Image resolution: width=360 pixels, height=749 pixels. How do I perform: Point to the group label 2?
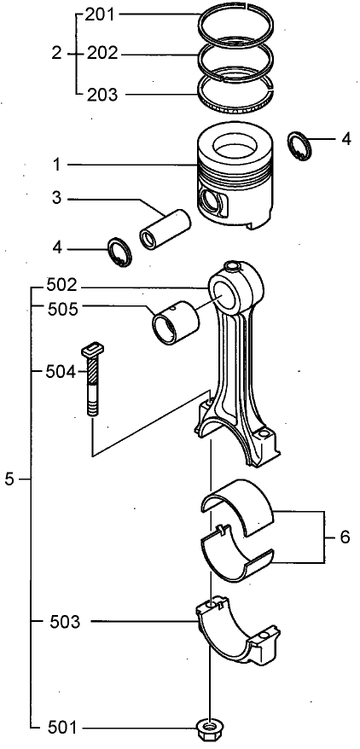57,54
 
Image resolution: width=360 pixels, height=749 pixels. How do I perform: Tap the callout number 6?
345,537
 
